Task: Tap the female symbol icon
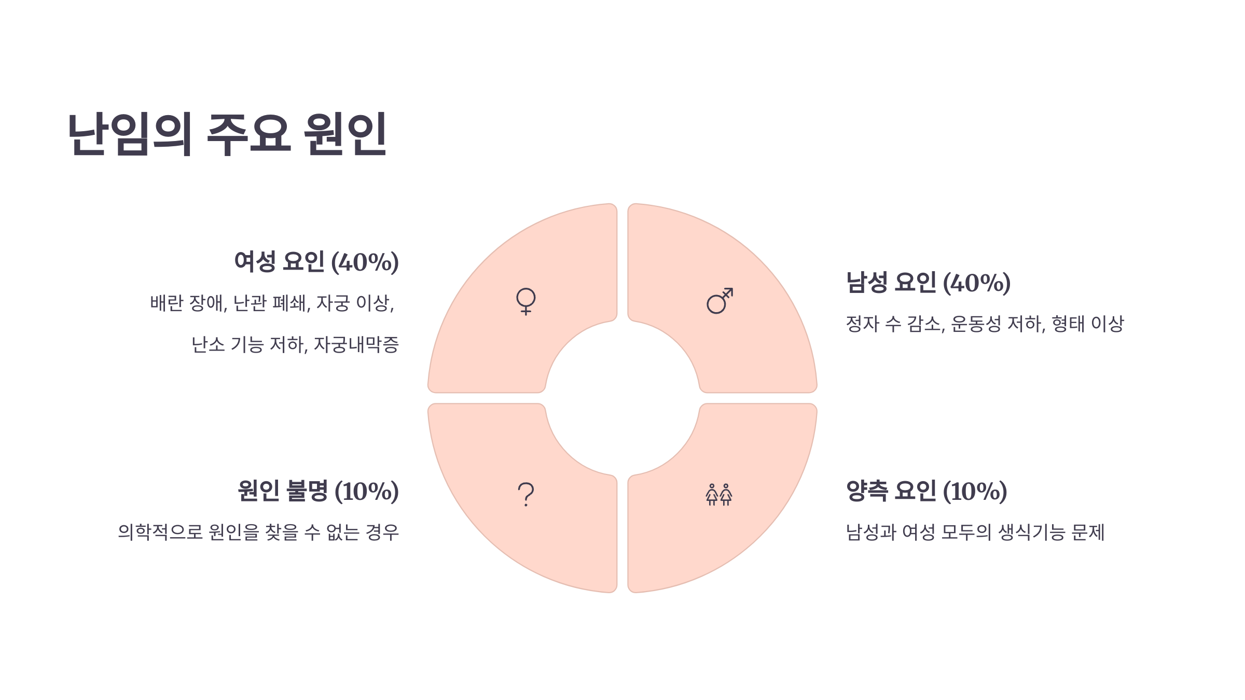[x=525, y=301]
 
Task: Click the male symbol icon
[x=720, y=301]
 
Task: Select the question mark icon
[x=525, y=494]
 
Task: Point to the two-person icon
[x=719, y=495]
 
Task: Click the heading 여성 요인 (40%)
[x=316, y=262]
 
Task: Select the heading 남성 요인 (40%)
[x=928, y=283]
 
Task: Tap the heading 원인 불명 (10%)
[x=318, y=491]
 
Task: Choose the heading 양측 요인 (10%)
[x=926, y=491]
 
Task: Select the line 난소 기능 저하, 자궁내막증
[x=295, y=345]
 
